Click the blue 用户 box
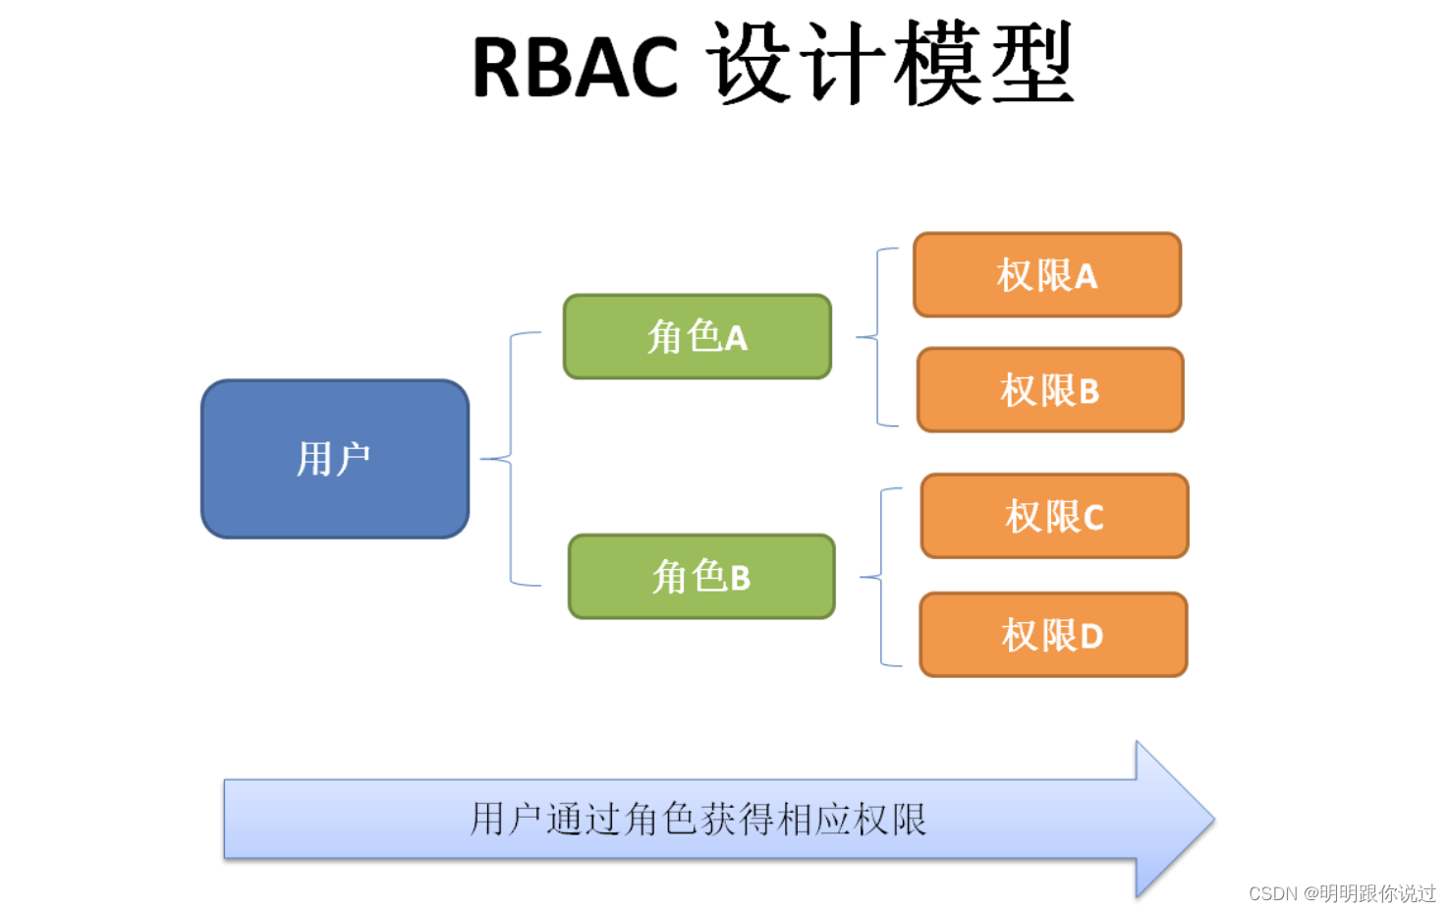tap(334, 459)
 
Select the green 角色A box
tap(697, 337)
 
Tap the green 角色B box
tap(701, 577)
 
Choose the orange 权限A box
tap(1046, 275)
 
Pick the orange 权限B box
tap(1049, 390)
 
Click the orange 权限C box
tap(1054, 516)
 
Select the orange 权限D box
tap(1052, 635)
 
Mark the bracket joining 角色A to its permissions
tap(877, 337)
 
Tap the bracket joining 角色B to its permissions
tap(881, 577)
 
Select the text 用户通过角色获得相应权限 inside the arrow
tap(698, 819)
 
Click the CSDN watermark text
tap(1273, 893)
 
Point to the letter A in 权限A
tap(1086, 277)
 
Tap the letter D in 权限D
tap(1091, 637)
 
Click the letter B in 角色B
tap(740, 579)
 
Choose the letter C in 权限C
tap(1093, 518)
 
